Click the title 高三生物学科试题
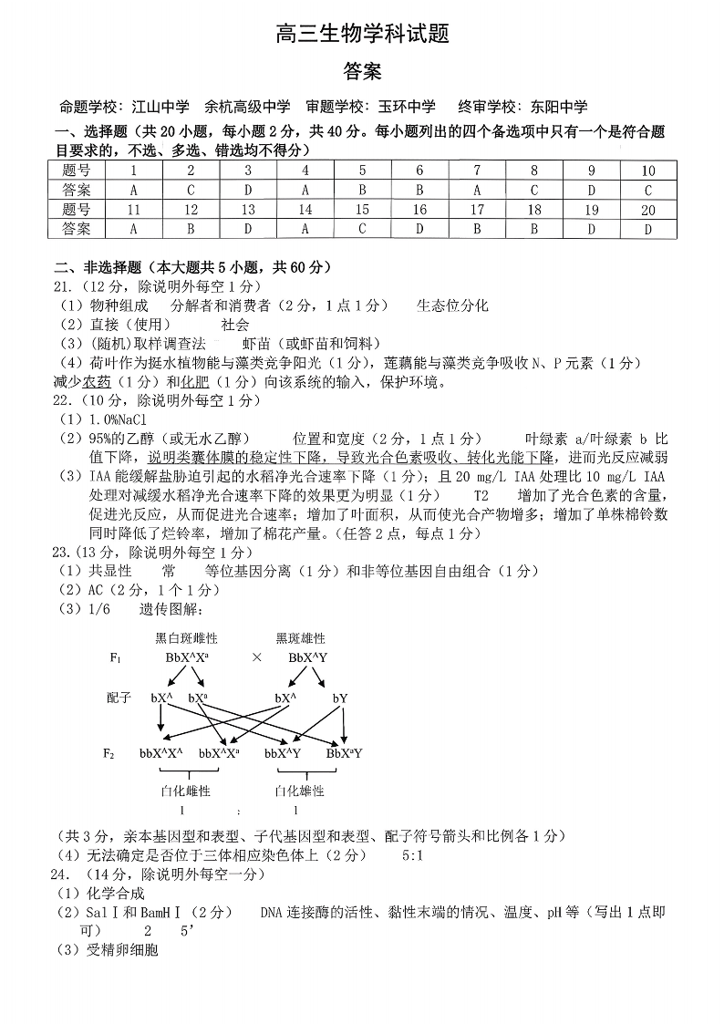click(x=362, y=35)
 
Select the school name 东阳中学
click(x=558, y=107)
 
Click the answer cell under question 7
click(x=476, y=191)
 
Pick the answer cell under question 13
click(x=247, y=229)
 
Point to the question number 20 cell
click(x=648, y=210)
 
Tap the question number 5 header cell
click(x=362, y=171)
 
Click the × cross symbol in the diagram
click(x=257, y=657)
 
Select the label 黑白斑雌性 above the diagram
click(x=187, y=638)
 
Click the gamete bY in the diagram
click(x=339, y=698)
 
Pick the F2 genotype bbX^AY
click(x=283, y=753)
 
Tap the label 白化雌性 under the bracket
click(x=185, y=791)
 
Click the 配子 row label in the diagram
click(x=119, y=698)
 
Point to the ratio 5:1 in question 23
click(x=413, y=855)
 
